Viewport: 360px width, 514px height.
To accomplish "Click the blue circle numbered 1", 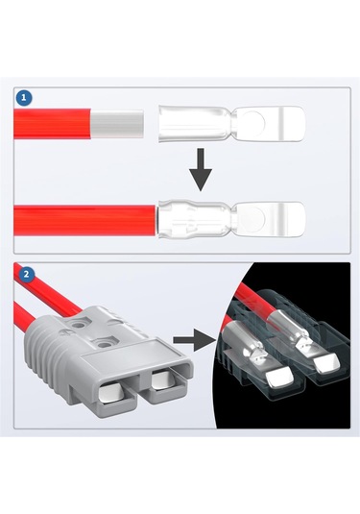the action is (x=24, y=97).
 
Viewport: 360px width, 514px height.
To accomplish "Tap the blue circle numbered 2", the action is (x=27, y=274).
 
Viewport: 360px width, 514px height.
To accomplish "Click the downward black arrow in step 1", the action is (x=201, y=169).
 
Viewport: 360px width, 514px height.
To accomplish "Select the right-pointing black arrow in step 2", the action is (x=194, y=340).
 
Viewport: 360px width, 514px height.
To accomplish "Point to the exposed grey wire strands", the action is (x=117, y=124).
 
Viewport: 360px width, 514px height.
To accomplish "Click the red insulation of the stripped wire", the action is (x=53, y=124).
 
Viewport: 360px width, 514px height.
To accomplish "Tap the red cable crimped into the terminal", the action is (x=84, y=220).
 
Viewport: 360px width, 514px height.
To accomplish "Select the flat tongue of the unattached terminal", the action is (x=269, y=124).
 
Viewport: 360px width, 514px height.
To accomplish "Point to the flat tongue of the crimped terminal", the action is (x=269, y=219).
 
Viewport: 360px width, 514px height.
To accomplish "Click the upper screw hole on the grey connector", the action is (x=79, y=325).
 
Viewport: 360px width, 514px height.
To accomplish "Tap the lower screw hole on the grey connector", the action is (x=105, y=344).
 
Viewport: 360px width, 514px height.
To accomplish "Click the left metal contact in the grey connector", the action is (x=111, y=393).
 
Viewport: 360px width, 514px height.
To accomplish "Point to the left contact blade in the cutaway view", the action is (x=278, y=375).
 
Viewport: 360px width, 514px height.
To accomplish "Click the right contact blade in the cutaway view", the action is (x=327, y=363).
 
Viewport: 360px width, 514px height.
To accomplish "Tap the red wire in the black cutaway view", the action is (x=260, y=302).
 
